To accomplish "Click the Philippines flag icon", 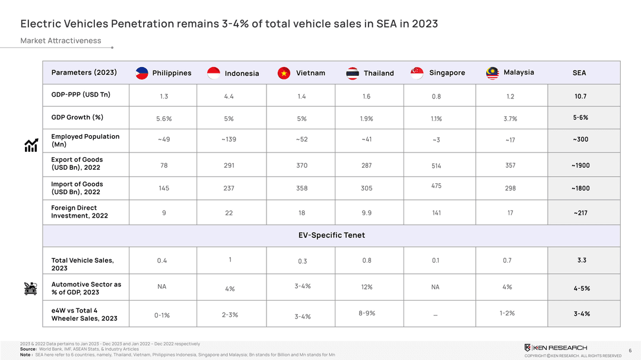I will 141,73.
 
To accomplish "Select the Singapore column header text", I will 447,73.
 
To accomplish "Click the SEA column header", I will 579,73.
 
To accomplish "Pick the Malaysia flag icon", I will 492,73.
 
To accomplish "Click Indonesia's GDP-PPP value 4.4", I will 229,97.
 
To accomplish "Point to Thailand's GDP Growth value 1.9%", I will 366,119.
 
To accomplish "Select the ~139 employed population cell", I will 229,139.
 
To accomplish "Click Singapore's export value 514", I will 436,166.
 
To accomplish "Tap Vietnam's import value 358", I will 302,189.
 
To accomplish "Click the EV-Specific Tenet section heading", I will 331,235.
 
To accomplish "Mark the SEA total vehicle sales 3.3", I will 582,260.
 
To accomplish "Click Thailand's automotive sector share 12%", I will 366,287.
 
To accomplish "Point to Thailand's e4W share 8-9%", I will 366,313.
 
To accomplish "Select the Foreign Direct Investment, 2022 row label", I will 80,212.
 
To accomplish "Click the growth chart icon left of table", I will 31,145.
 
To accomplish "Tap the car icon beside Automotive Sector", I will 31,289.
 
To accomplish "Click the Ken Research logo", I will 556,347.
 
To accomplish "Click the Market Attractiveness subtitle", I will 61,41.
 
